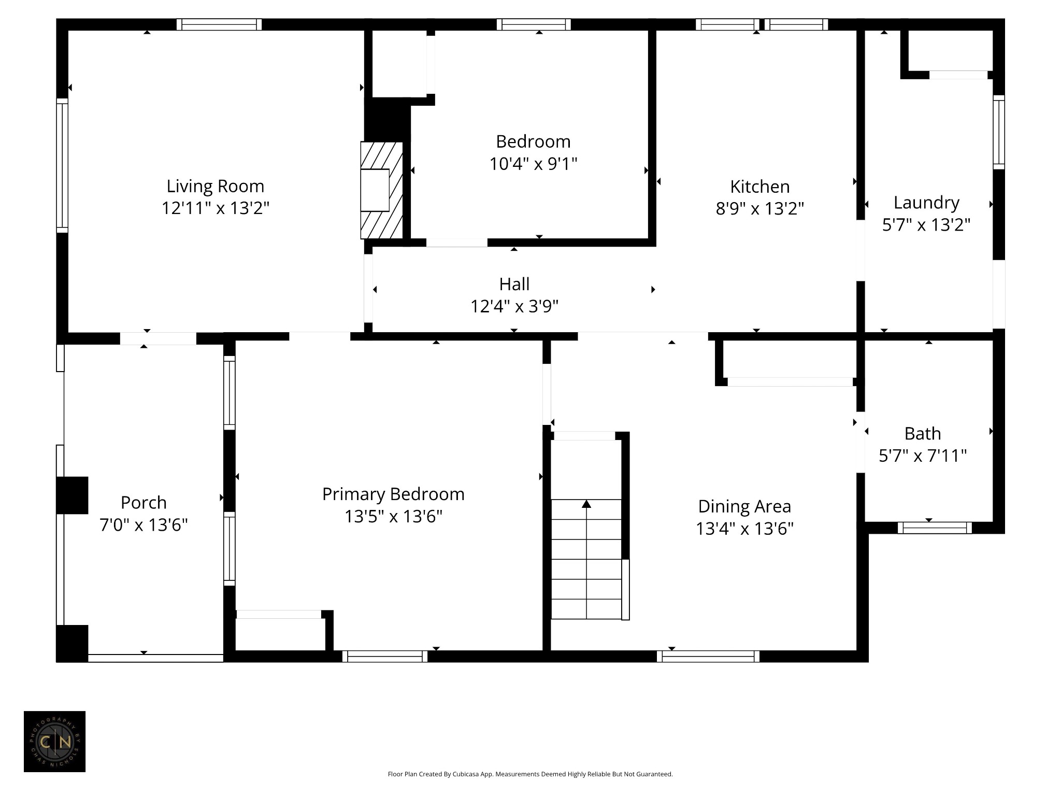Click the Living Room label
216,186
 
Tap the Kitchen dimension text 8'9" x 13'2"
760,208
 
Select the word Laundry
926,203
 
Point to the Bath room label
923,433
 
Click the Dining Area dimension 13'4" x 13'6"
744,529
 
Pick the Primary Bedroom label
393,494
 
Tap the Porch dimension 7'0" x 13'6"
144,525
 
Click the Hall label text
514,284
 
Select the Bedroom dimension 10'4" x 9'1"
533,164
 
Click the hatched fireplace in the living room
382,190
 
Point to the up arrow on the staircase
586,504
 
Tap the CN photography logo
54,742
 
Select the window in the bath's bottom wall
935,528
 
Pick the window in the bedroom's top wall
534,24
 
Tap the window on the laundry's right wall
999,132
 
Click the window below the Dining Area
708,656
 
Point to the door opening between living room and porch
158,338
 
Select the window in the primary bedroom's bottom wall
385,656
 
